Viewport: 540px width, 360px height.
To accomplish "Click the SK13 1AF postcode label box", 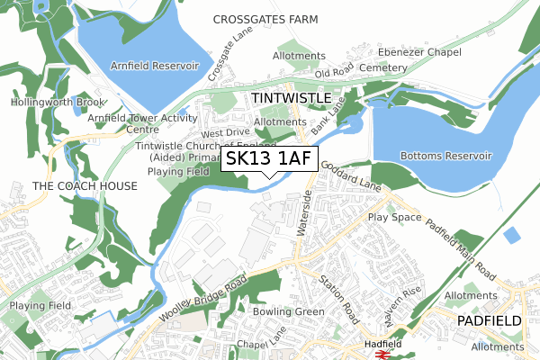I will click(x=268, y=159).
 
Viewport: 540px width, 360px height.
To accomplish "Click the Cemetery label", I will click(x=382, y=67).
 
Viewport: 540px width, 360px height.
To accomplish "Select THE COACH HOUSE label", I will click(x=85, y=185).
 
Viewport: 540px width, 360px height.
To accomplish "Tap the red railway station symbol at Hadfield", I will click(x=382, y=355).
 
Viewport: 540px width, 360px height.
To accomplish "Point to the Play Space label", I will click(x=394, y=218).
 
